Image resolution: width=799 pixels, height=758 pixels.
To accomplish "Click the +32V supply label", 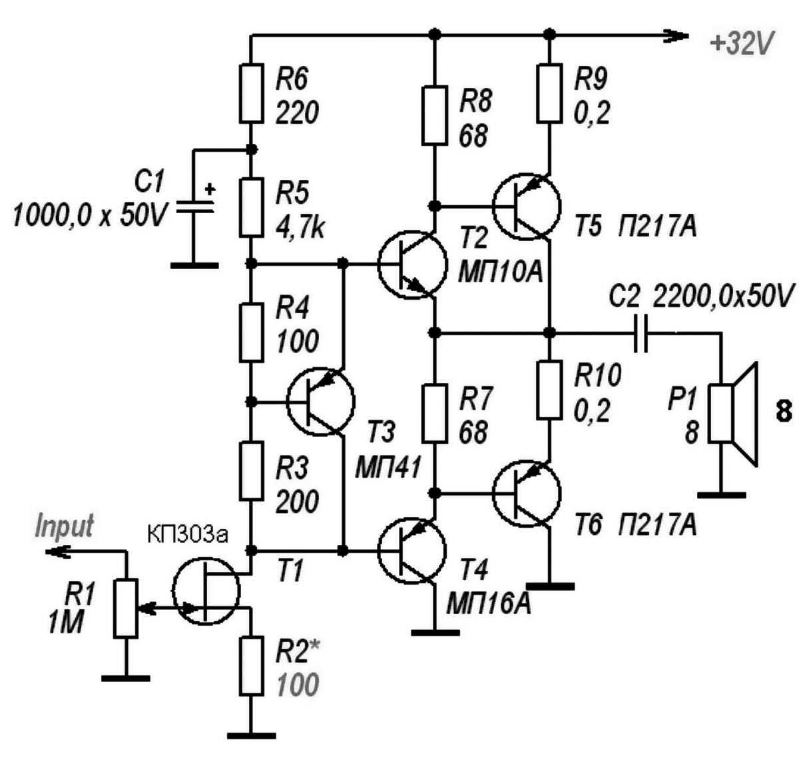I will pos(742,43).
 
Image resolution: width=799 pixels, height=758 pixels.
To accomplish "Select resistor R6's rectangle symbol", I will pos(251,93).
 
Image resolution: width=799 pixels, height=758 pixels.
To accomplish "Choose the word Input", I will pos(65,526).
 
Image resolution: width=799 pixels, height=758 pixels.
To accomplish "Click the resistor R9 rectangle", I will pos(549,93).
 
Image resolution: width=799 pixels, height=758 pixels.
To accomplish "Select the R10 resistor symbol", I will pos(549,390).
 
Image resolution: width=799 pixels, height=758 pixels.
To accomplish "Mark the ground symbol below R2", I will pos(251,735).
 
